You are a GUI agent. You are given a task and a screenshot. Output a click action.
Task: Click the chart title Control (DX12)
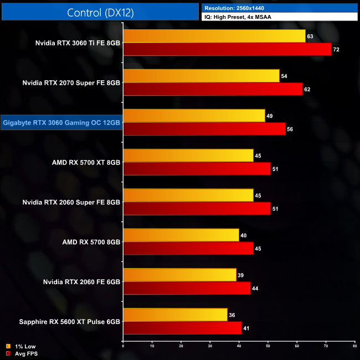(100, 12)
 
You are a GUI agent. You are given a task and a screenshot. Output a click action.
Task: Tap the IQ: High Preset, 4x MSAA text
(238, 17)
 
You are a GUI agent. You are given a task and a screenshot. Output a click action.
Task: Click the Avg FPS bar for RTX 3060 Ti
(227, 49)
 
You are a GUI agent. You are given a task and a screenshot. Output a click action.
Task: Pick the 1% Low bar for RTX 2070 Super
(201, 76)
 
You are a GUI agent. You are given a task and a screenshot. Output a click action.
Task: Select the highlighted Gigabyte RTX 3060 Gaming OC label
(61, 122)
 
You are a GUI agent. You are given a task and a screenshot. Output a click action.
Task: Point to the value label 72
(336, 50)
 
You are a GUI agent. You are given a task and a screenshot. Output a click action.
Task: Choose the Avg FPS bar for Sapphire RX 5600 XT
(182, 328)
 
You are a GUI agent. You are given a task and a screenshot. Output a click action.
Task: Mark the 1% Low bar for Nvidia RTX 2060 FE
(179, 275)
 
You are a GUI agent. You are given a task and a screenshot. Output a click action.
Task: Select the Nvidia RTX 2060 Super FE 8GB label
(71, 202)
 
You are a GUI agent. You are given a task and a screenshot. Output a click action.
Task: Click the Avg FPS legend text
(26, 353)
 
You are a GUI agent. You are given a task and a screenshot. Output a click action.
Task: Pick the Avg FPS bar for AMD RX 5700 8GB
(188, 248)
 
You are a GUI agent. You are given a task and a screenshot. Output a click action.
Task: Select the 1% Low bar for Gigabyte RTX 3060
(194, 116)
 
